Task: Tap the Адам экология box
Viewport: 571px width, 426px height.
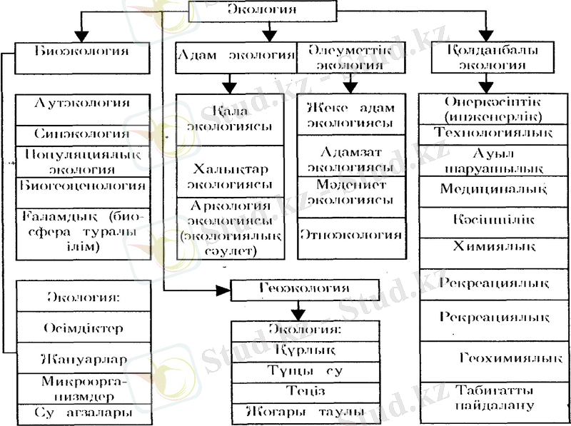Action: pyautogui.click(x=236, y=56)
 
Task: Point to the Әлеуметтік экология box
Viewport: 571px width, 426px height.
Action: pyautogui.click(x=350, y=56)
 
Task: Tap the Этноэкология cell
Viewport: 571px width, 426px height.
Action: pyautogui.click(x=350, y=233)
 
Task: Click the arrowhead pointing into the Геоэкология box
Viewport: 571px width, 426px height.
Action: pyautogui.click(x=224, y=289)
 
